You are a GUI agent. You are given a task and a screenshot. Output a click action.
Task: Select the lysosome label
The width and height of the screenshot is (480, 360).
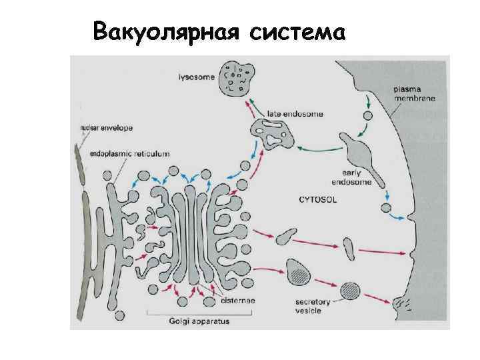point(197,77)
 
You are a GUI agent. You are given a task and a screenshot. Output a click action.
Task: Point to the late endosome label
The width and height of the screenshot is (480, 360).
point(295,114)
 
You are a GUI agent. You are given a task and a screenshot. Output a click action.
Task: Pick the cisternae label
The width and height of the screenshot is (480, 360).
point(236,301)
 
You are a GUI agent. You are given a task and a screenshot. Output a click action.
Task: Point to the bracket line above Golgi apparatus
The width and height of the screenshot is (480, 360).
point(195,313)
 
